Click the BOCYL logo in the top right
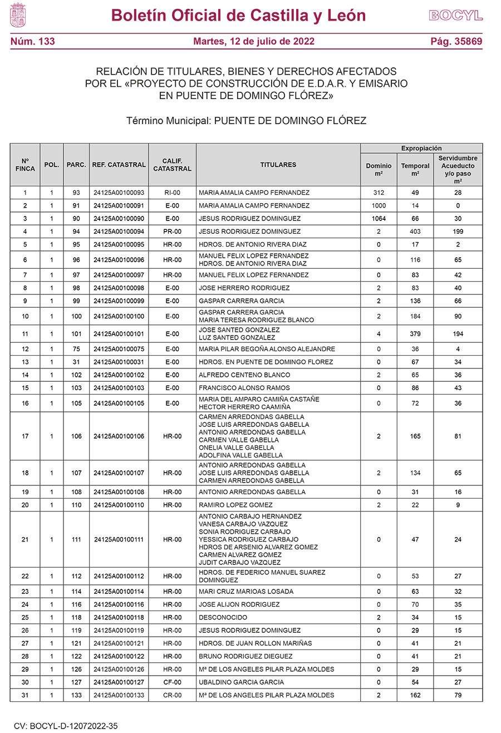tap(455, 16)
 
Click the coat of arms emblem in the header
tap(18, 15)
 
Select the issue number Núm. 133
tap(32, 41)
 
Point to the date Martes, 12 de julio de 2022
tap(253, 41)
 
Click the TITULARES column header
tap(278, 165)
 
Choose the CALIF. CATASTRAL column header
tap(172, 165)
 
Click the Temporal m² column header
tap(415, 169)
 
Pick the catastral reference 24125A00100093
tap(119, 193)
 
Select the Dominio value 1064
tap(379, 219)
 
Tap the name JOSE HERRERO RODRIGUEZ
tap(244, 288)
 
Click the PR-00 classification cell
tap(172, 232)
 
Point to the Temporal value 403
tap(415, 232)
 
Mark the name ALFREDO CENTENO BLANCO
tap(244, 375)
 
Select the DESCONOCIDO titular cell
tap(223, 617)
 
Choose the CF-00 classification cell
tap(172, 682)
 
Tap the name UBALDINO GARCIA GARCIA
tap(241, 682)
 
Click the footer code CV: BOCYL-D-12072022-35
tap(66, 726)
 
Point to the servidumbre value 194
tap(458, 334)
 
